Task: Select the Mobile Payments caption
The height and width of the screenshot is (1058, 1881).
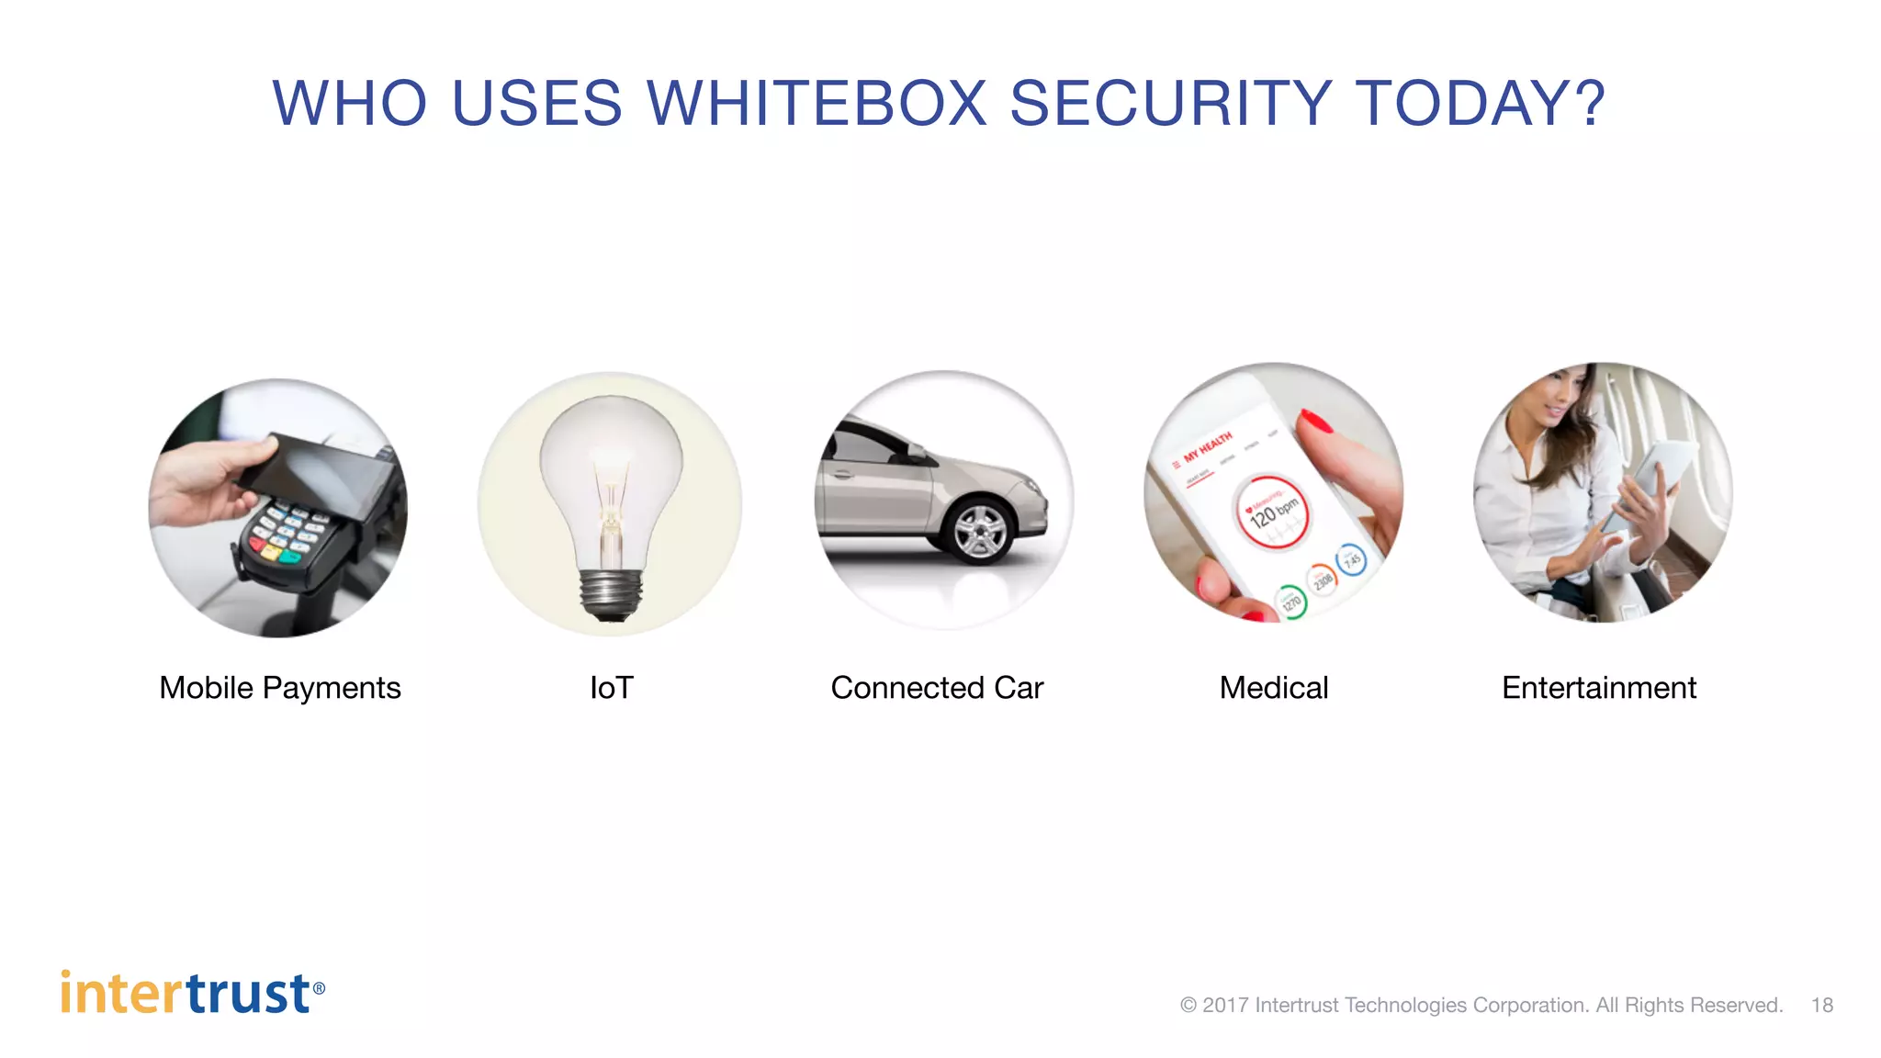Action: click(x=280, y=688)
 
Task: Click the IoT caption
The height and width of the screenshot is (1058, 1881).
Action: click(x=612, y=688)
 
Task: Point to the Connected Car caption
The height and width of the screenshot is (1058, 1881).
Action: click(x=937, y=688)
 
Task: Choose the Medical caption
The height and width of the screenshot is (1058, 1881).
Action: click(x=1274, y=688)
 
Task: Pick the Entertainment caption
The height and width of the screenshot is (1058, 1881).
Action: click(x=1599, y=688)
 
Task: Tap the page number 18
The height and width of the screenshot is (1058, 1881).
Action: click(x=1822, y=1005)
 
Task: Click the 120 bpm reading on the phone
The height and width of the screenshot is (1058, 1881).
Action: click(x=1273, y=512)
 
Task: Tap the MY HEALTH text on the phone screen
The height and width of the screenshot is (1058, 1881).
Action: click(x=1207, y=447)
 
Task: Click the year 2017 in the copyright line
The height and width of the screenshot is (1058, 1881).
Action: click(x=1225, y=1005)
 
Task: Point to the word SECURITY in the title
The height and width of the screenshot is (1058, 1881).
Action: click(x=1171, y=103)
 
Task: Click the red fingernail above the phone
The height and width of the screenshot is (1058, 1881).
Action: click(x=1316, y=422)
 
